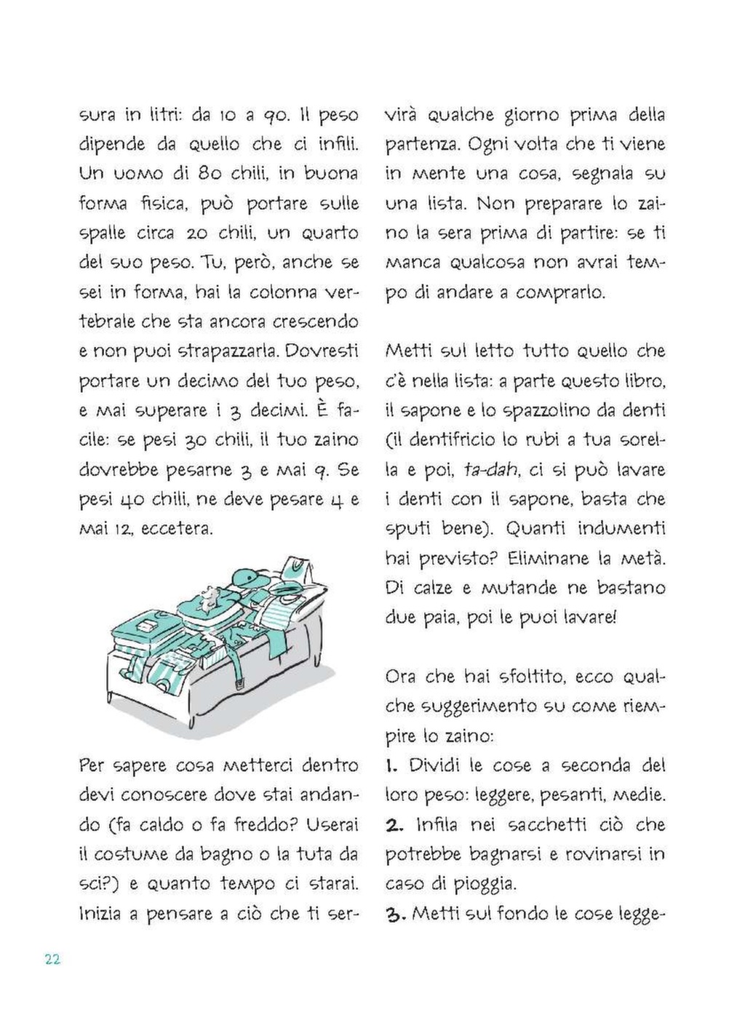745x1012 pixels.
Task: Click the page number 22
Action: point(52,959)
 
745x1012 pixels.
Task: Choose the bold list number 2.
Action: point(394,825)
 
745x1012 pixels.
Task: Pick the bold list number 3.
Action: point(394,914)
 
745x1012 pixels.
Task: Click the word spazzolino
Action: point(535,410)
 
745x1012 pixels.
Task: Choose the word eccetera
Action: point(178,529)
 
